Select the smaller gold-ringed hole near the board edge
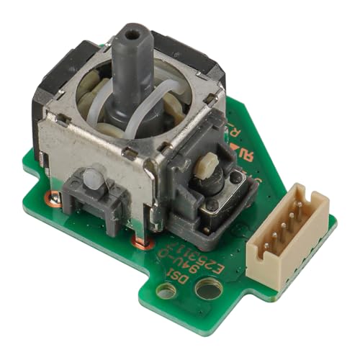[x=166, y=292]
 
